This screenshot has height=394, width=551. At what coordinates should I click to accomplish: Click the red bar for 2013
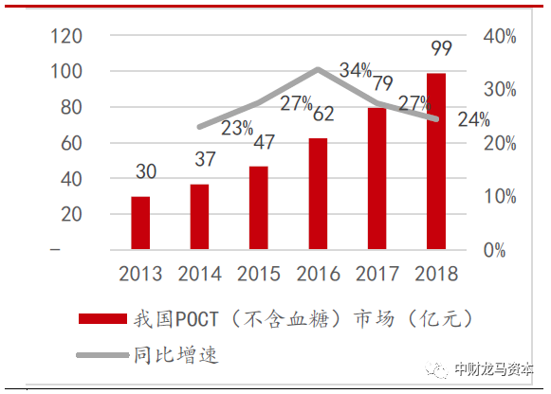[139, 224]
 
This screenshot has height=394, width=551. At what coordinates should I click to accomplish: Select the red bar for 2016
[318, 194]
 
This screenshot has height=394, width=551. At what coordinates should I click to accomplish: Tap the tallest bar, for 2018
[435, 161]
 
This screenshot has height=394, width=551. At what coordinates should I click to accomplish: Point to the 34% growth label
[356, 70]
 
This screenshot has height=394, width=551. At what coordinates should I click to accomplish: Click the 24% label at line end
[473, 120]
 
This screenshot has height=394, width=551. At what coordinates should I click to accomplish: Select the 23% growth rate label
[238, 128]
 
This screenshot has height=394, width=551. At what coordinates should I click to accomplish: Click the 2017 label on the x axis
[377, 274]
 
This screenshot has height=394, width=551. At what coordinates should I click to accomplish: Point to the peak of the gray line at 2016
[318, 69]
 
